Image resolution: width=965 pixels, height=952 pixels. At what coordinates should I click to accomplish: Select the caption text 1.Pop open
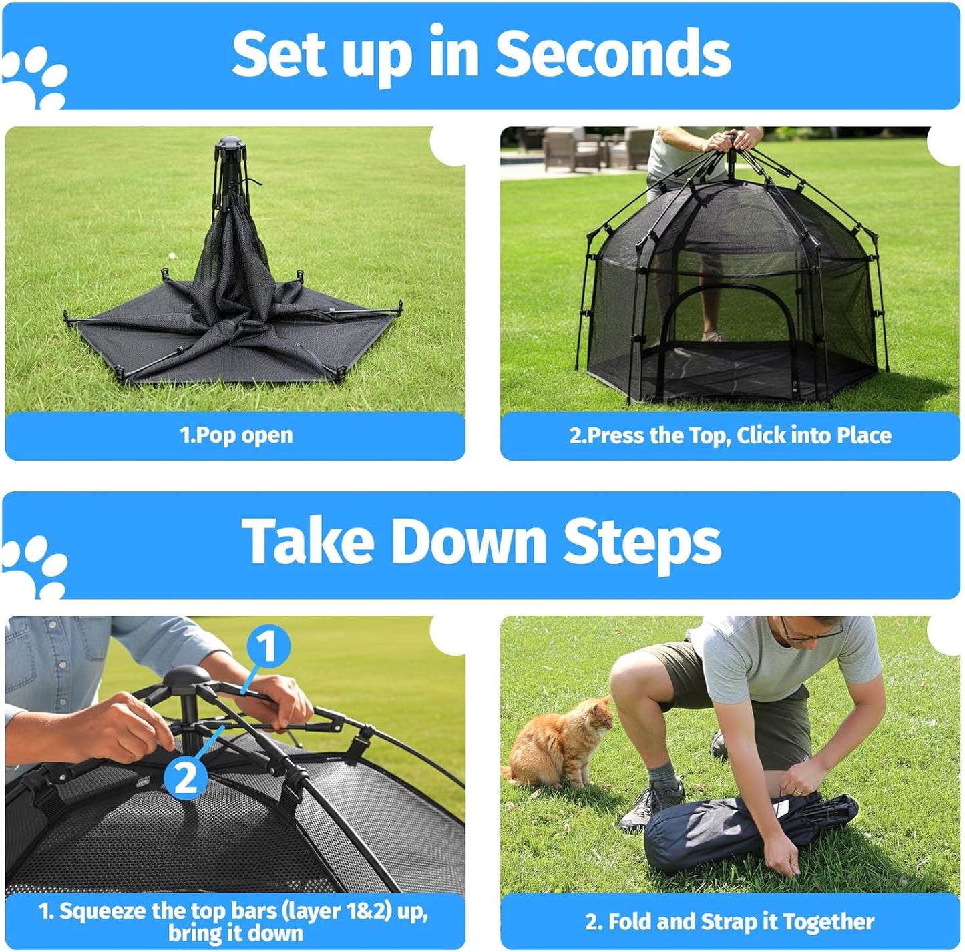pyautogui.click(x=236, y=435)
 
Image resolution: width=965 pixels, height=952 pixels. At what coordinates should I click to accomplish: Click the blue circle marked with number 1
pyautogui.click(x=267, y=646)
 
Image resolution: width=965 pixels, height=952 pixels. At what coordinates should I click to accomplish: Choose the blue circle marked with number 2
pyautogui.click(x=186, y=776)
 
